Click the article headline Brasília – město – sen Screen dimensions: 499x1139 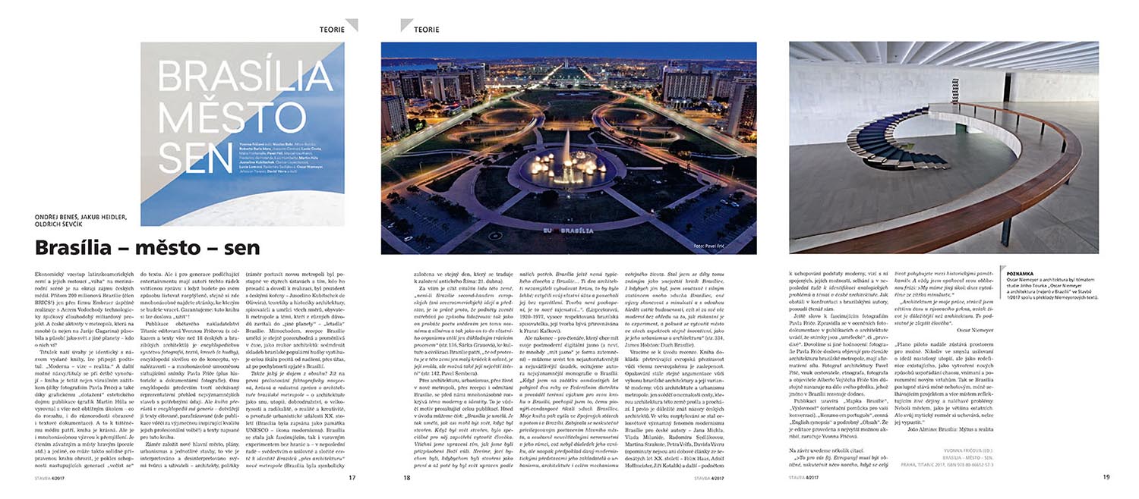point(147,248)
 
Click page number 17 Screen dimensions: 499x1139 point(352,478)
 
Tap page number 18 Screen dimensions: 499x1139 point(406,478)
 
